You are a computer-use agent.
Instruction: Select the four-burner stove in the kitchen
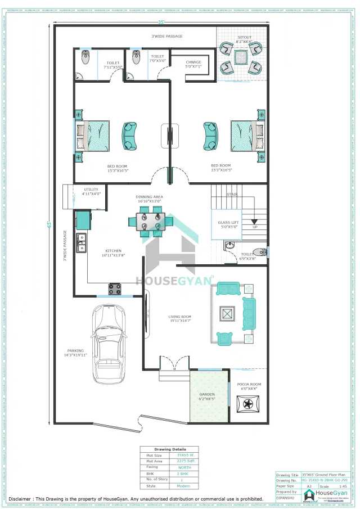(x=115, y=290)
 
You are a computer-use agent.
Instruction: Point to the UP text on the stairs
(x=254, y=227)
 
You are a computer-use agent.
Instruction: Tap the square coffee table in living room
(x=228, y=313)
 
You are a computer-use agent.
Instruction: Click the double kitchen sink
(x=81, y=242)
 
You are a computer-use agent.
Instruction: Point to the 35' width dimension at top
(x=161, y=22)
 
